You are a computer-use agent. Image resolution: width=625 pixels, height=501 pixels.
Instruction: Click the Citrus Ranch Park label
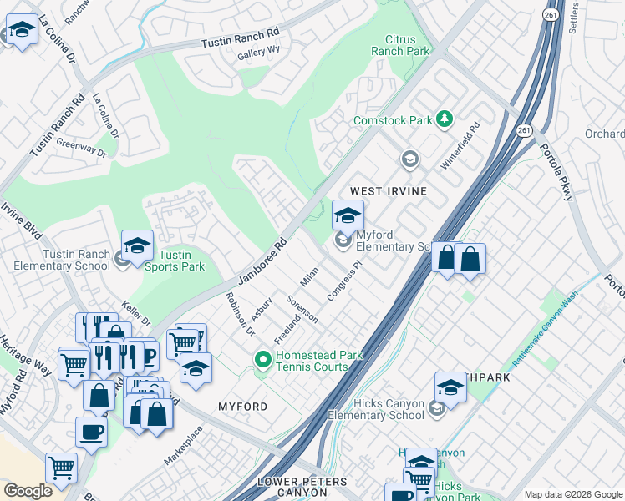[407, 45]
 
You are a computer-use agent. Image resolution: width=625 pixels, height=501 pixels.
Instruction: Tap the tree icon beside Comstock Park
[445, 120]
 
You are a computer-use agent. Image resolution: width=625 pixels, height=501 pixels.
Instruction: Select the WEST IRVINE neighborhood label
[388, 191]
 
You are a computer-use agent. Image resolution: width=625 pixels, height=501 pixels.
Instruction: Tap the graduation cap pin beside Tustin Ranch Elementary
[137, 247]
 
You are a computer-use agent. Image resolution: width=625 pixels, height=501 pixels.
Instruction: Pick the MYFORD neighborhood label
[242, 407]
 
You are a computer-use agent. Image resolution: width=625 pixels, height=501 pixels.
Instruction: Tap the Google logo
[28, 490]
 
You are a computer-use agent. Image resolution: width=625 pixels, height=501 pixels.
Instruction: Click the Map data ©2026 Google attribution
[573, 494]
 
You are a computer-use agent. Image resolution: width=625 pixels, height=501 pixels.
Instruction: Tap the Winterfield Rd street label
[460, 147]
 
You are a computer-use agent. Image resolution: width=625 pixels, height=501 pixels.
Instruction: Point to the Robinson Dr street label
[239, 313]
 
